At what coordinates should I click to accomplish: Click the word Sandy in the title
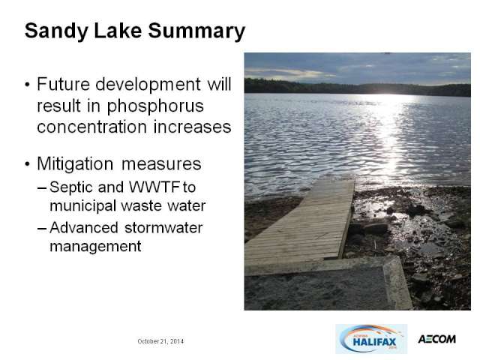(56, 31)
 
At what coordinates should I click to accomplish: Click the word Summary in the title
(196, 31)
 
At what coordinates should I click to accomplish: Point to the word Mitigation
(75, 165)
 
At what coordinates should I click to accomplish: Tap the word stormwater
(163, 228)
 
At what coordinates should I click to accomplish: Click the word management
(95, 247)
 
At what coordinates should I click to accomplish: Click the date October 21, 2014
(160, 341)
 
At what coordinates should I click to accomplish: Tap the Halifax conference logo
(371, 339)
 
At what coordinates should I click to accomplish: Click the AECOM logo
(436, 339)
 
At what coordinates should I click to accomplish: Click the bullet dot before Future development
(28, 84)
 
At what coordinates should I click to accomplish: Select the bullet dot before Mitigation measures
(28, 164)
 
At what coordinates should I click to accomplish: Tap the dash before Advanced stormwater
(42, 228)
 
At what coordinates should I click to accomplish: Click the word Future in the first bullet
(63, 84)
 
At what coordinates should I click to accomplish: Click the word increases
(192, 127)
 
